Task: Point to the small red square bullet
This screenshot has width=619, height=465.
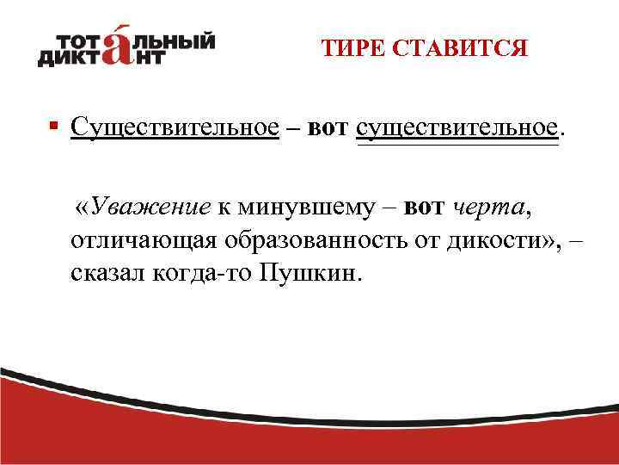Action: click(53, 126)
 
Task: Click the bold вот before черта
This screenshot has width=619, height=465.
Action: click(424, 207)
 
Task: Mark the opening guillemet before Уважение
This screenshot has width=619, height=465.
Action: click(83, 208)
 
